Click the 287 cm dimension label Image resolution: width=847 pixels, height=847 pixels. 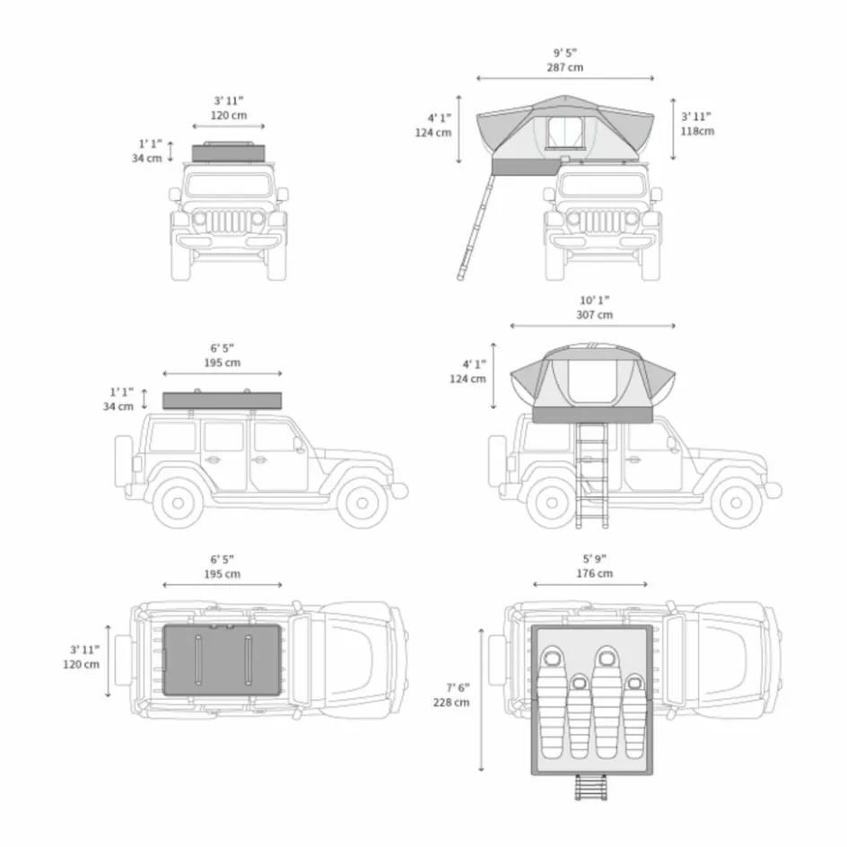coord(565,67)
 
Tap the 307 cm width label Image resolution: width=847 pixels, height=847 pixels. coord(595,315)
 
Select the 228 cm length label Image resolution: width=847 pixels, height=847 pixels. coord(451,703)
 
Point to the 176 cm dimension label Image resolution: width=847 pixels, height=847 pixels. coord(595,573)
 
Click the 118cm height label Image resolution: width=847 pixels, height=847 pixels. coord(697,131)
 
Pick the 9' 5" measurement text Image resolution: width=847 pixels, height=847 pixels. coord(565,53)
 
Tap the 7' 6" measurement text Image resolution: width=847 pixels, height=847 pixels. coord(458,687)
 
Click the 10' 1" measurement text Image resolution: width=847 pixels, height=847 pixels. coord(595,301)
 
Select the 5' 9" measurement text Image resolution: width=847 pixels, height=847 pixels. coord(595,559)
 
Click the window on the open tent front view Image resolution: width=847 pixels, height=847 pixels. coord(565,133)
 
